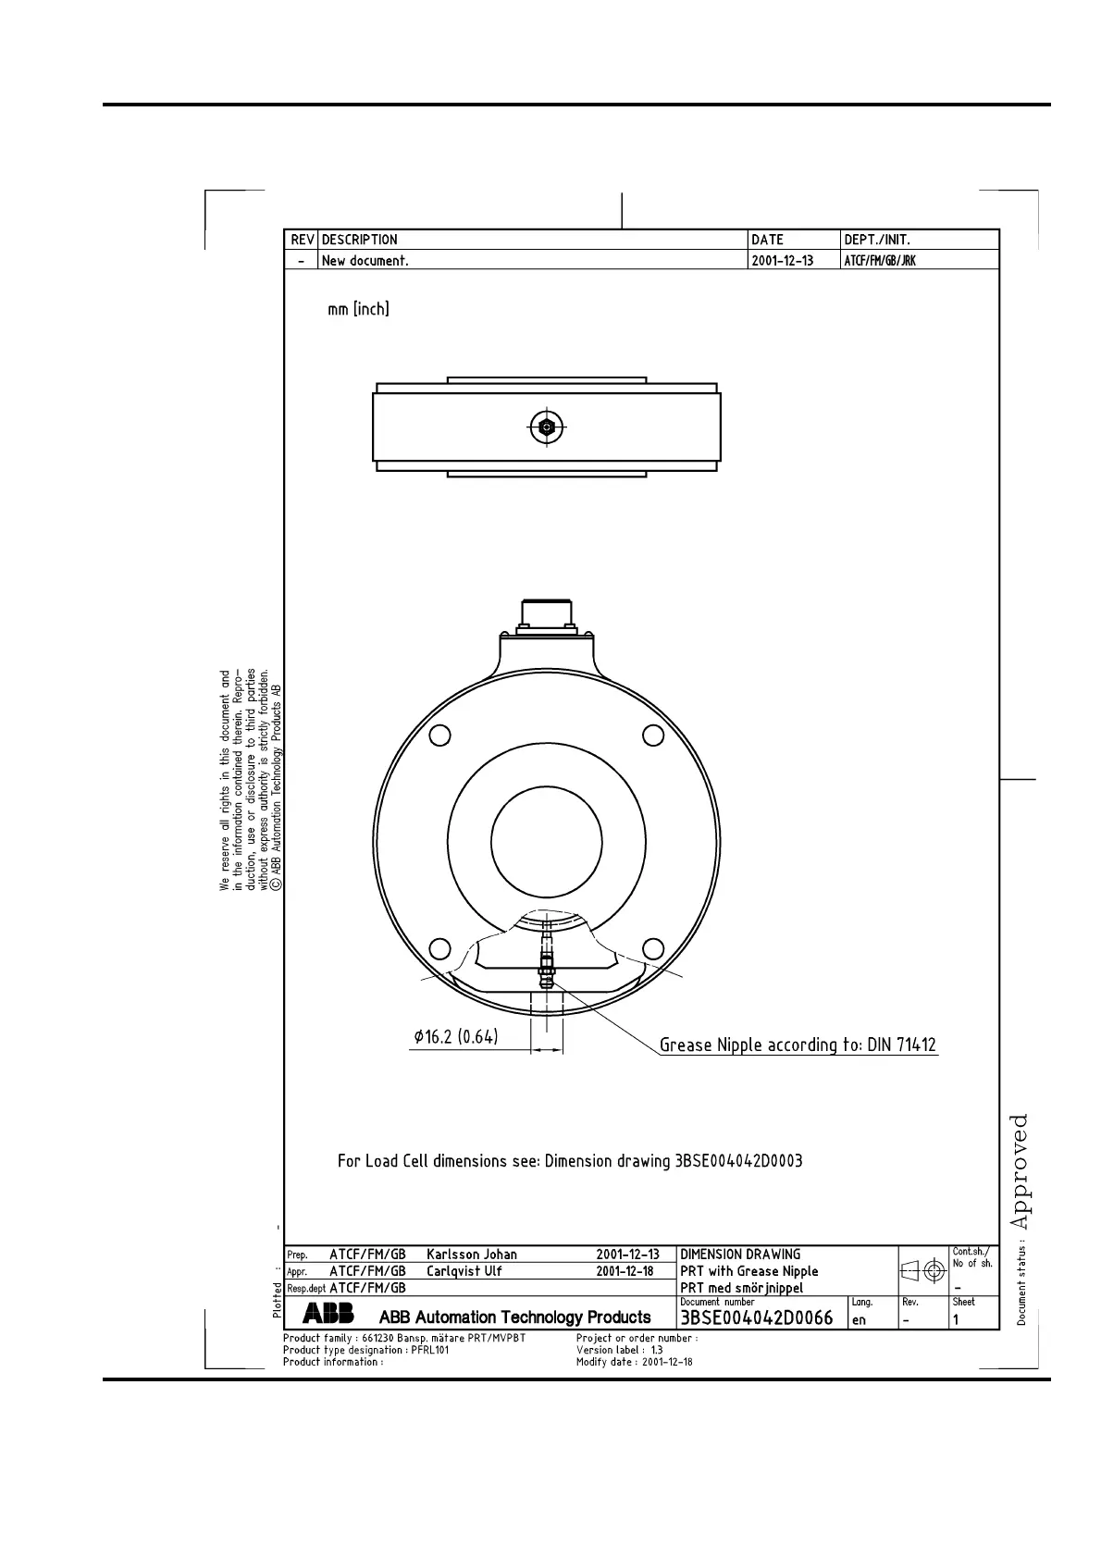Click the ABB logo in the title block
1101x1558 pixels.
328,1313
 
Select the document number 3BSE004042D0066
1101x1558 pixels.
756,1318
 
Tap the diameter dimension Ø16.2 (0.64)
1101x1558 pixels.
455,1036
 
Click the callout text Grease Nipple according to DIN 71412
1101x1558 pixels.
798,1045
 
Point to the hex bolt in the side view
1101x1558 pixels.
546,427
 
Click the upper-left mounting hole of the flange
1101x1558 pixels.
439,736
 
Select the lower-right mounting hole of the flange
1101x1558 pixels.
653,948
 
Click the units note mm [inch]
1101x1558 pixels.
358,309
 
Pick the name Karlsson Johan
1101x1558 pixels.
472,1254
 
